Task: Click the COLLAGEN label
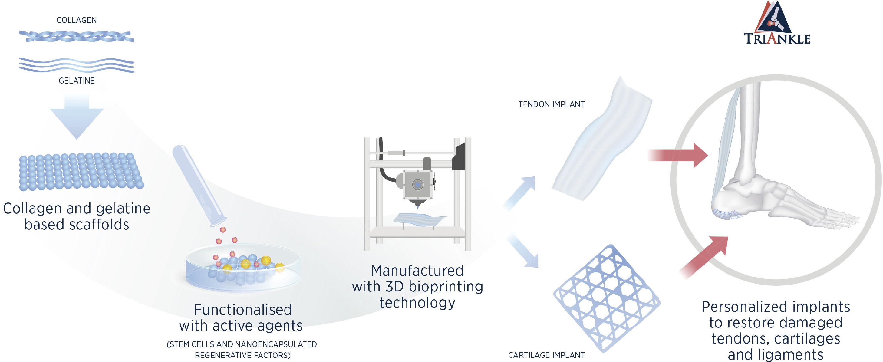click(x=77, y=20)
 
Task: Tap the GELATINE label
click(x=77, y=81)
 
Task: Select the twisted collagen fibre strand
click(x=77, y=36)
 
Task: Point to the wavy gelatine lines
click(x=77, y=65)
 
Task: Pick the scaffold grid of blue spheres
click(x=81, y=171)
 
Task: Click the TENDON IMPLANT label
click(x=551, y=104)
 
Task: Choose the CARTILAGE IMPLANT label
click(x=546, y=355)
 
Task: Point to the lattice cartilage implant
click(x=607, y=298)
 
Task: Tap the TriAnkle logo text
click(x=777, y=39)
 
